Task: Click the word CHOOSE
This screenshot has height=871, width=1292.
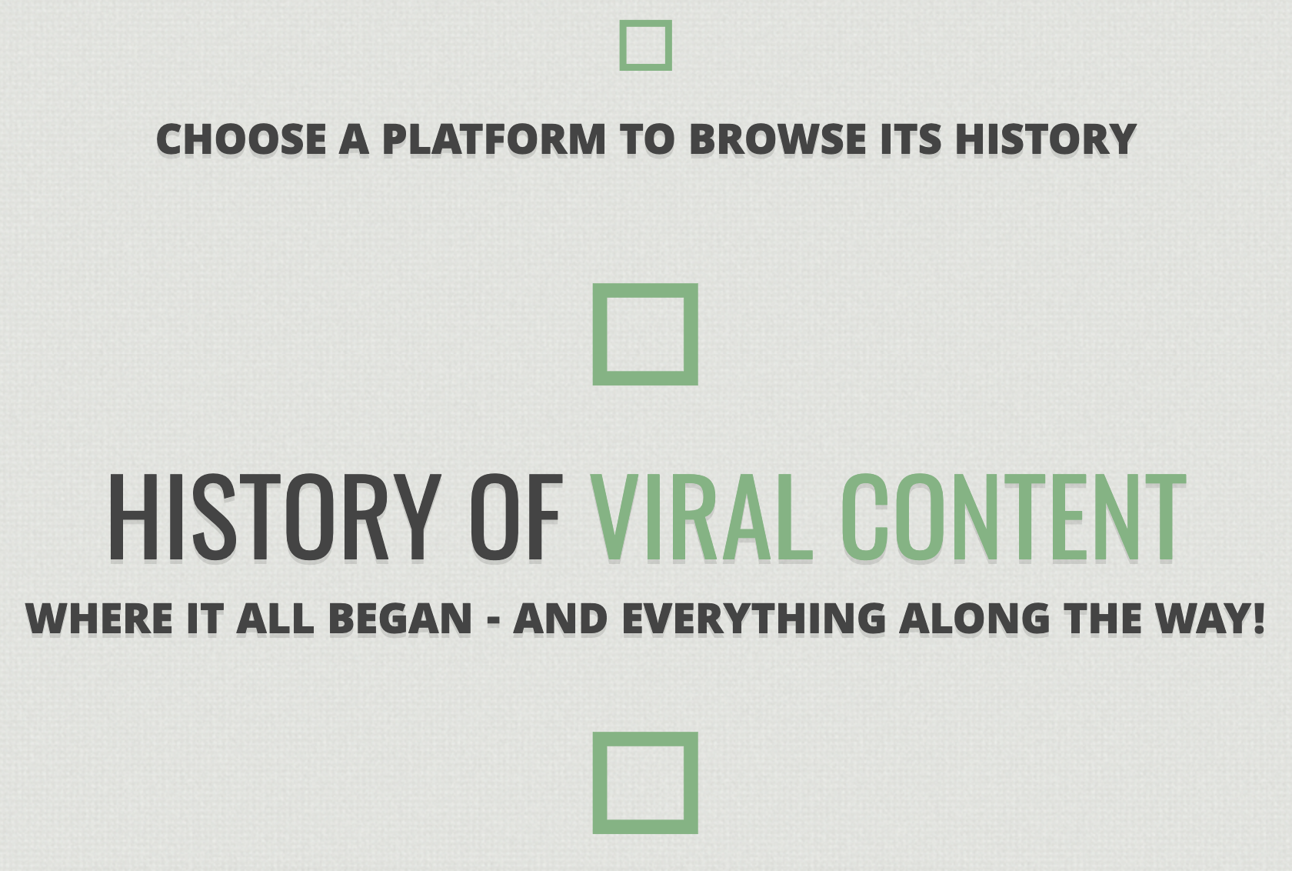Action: [241, 139]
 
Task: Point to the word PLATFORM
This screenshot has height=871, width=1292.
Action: [494, 139]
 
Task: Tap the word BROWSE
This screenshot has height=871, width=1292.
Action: [778, 139]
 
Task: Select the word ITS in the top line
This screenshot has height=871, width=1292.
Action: [911, 139]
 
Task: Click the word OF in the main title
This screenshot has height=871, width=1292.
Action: [516, 517]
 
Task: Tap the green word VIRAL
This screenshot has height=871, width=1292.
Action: [701, 517]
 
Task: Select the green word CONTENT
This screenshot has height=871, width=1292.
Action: [1013, 517]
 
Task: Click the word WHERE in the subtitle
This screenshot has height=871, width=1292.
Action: [99, 618]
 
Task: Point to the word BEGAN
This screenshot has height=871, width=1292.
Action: [400, 618]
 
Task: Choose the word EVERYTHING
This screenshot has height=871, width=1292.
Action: [754, 618]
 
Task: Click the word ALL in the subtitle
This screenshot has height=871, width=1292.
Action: [275, 618]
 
